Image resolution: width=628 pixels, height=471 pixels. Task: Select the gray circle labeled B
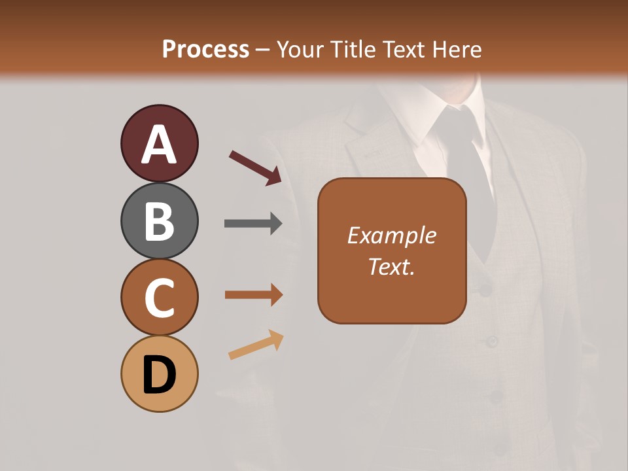pos(159,220)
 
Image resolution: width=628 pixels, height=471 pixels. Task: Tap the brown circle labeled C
pos(159,297)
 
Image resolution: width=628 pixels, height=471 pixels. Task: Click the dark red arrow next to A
pos(255,167)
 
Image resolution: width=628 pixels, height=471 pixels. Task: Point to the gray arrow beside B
pos(253,224)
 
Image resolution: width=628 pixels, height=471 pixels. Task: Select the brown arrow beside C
pos(253,295)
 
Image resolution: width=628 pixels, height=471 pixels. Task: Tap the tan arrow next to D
pos(256,345)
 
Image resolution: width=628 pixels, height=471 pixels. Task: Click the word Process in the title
pos(205,50)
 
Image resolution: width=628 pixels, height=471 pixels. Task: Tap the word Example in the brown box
pos(392,235)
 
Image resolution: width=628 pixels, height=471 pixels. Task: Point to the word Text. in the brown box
pos(392,266)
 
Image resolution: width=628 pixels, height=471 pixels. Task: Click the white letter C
pos(159,298)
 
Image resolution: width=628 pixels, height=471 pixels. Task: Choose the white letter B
pos(159,222)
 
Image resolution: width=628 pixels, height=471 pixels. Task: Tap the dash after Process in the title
pos(263,50)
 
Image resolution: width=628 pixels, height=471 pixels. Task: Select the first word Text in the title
pos(404,50)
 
